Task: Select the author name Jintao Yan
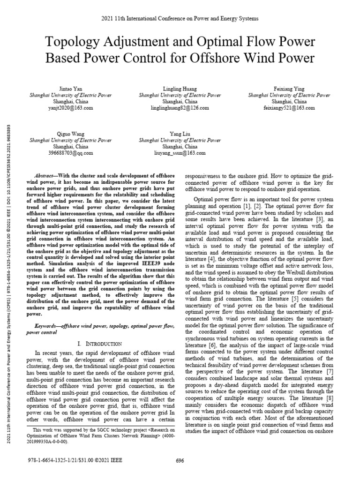coord(71,88)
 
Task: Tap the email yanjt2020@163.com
coord(71,107)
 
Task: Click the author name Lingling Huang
coord(180,88)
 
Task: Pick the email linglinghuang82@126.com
coord(180,107)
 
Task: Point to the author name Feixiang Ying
coord(289,88)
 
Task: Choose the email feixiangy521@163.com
coord(289,107)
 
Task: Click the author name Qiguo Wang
coord(71,133)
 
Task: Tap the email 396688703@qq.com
coord(71,152)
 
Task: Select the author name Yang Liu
coord(180,133)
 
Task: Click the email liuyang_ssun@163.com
coord(180,152)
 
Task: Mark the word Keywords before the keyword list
coord(48,325)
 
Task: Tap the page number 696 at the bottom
coord(180,461)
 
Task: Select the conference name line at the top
coord(180,18)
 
